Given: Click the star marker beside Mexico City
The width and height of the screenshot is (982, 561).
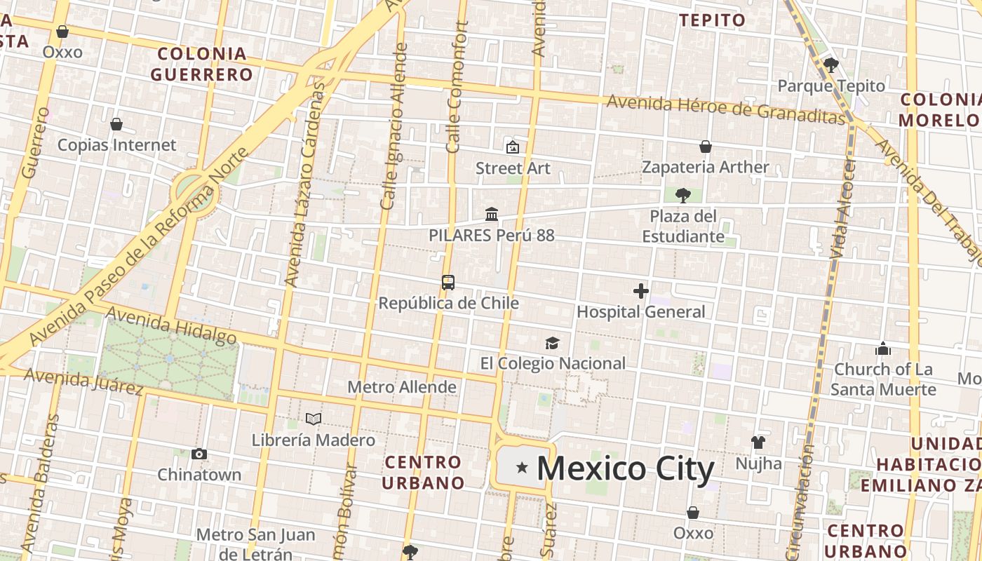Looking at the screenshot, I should [x=522, y=468].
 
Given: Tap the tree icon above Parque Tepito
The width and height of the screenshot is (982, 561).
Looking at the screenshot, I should [x=831, y=66].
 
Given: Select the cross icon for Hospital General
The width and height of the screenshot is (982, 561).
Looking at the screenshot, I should [x=640, y=291].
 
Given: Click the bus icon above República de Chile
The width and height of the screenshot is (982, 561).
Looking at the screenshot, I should [x=448, y=283].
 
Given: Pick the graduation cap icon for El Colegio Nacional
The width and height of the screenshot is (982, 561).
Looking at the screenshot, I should [x=553, y=343].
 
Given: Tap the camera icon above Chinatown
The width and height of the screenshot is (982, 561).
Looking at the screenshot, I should [x=199, y=454].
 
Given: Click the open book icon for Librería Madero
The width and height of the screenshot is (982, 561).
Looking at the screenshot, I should [x=314, y=419].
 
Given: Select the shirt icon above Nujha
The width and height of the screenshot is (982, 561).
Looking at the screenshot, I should [x=758, y=442].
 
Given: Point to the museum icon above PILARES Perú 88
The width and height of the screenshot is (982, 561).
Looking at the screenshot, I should [x=492, y=214].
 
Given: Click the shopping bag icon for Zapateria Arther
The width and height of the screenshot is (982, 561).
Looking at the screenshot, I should [x=706, y=147].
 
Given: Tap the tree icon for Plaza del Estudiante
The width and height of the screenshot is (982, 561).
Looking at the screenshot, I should [x=683, y=195].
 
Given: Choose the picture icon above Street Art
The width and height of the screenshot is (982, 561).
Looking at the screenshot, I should [x=513, y=147].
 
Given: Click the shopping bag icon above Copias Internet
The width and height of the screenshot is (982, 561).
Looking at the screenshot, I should [x=116, y=124].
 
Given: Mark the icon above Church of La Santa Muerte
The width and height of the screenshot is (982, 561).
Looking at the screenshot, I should [x=883, y=348].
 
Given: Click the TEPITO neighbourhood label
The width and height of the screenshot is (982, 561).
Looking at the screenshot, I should [x=713, y=20].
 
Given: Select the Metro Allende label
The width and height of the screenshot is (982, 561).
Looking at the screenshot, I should [x=402, y=387].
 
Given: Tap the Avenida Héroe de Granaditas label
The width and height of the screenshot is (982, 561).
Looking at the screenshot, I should [x=726, y=109].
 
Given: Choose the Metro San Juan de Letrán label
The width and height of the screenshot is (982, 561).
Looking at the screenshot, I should [x=255, y=543].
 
